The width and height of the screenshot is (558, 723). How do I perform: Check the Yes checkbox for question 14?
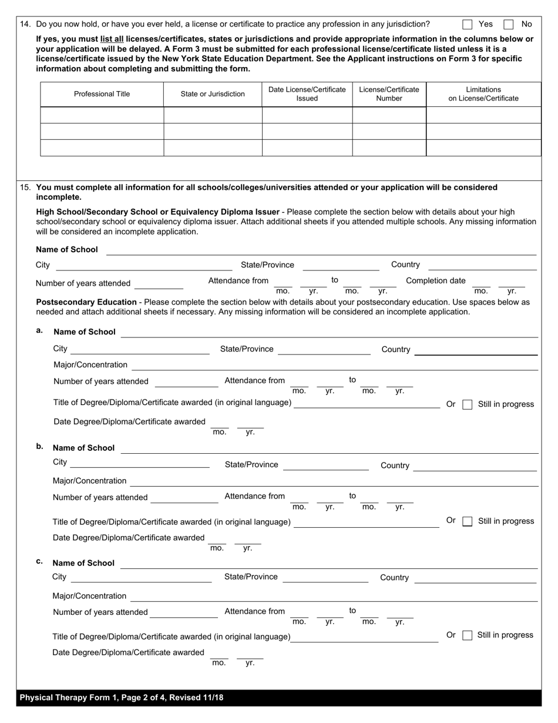pyautogui.click(x=468, y=24)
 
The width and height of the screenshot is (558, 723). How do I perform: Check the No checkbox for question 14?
pyautogui.click(x=509, y=24)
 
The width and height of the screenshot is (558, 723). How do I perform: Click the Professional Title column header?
pyautogui.click(x=102, y=94)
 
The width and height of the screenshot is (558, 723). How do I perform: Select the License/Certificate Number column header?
pyautogui.click(x=389, y=94)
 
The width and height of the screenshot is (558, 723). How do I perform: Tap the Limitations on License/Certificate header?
pyautogui.click(x=483, y=94)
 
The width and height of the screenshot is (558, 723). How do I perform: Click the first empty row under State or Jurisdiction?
pyautogui.click(x=213, y=115)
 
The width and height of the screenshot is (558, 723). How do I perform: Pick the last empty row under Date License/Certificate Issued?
pyautogui.click(x=307, y=148)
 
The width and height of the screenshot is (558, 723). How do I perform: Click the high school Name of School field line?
pyautogui.click(x=321, y=250)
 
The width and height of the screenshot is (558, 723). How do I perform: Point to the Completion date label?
pyautogui.click(x=435, y=281)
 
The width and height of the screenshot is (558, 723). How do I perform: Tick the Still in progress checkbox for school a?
pyautogui.click(x=468, y=404)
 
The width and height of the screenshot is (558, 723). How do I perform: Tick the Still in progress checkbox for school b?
pyautogui.click(x=468, y=521)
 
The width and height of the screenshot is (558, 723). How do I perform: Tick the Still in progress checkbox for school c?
pyautogui.click(x=468, y=635)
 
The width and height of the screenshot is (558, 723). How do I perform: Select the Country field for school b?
pyautogui.click(x=475, y=466)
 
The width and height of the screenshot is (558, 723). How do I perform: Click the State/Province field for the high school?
pyautogui.click(x=341, y=266)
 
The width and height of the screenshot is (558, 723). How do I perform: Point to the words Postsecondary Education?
pyautogui.click(x=86, y=302)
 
